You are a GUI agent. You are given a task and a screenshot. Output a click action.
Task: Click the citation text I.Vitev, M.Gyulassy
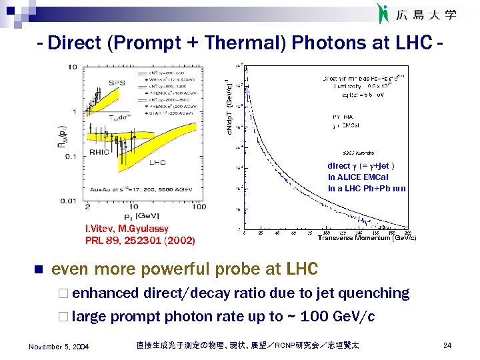127,229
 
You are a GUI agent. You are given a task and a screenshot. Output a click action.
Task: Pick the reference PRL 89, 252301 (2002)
140,240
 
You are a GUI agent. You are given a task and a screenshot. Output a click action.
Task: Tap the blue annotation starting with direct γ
361,166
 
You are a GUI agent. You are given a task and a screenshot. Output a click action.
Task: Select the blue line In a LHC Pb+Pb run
366,189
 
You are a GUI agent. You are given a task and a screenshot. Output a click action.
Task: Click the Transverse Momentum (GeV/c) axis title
367,238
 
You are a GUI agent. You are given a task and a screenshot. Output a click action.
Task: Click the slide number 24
447,345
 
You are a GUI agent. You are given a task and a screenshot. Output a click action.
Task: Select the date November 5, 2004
59,346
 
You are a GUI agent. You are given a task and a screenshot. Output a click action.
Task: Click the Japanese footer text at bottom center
247,345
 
